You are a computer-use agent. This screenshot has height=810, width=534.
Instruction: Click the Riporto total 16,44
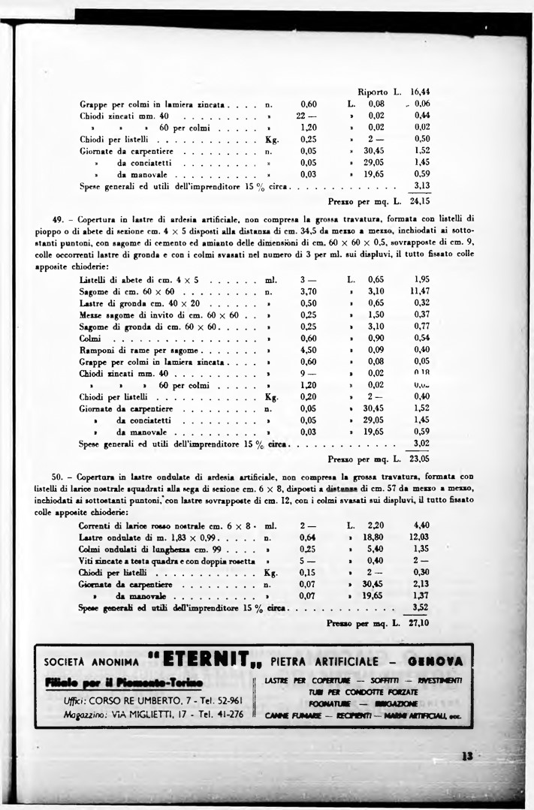pyautogui.click(x=420, y=92)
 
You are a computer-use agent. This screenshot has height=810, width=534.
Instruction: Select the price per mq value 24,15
pyautogui.click(x=419, y=201)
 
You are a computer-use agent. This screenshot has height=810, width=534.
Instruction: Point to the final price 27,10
pyautogui.click(x=420, y=622)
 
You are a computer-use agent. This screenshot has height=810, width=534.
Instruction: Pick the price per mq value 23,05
pyautogui.click(x=419, y=456)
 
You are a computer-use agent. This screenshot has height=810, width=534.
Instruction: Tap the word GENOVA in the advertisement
pyautogui.click(x=436, y=661)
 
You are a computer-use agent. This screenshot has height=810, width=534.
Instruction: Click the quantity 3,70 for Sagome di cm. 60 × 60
pyautogui.click(x=308, y=291)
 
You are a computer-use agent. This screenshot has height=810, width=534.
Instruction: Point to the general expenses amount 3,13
pyautogui.click(x=421, y=185)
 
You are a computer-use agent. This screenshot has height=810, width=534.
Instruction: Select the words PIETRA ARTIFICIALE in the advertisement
pyautogui.click(x=324, y=661)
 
